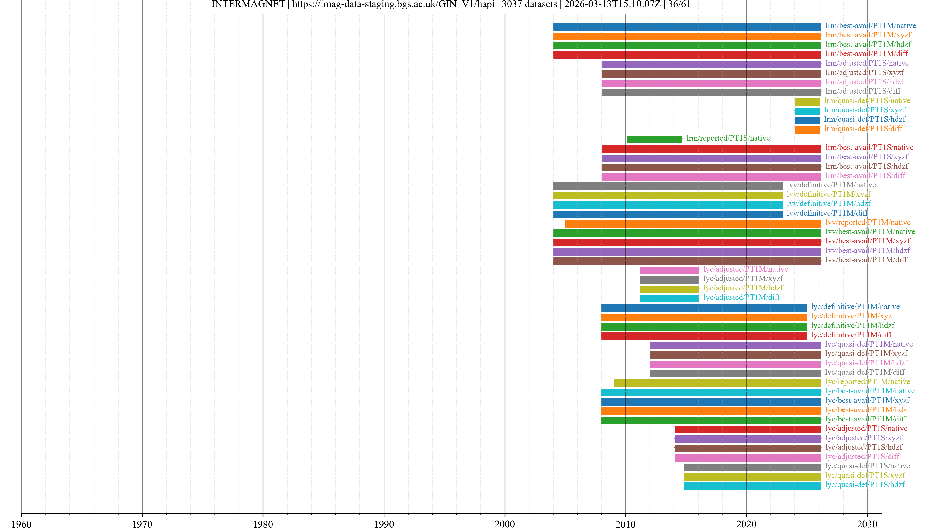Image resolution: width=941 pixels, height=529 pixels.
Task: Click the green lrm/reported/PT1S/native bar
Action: tap(654, 139)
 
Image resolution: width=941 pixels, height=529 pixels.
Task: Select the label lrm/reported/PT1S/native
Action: tap(728, 138)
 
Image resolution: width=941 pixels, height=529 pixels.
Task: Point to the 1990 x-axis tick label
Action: tap(384, 524)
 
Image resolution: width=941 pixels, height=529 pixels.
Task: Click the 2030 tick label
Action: tap(867, 524)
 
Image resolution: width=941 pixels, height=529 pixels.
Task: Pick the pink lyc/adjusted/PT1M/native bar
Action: tap(669, 271)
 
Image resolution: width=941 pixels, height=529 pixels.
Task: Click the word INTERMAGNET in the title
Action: tap(248, 4)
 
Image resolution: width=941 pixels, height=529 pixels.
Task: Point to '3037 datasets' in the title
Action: tap(529, 4)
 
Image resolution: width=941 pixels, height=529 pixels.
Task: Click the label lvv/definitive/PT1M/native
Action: tap(831, 185)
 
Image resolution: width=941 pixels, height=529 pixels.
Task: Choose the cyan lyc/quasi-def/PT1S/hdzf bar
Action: tap(752, 486)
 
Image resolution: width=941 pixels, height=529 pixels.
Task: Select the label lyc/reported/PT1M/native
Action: tap(867, 382)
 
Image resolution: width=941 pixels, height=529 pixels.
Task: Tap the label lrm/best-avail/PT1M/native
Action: tap(870, 25)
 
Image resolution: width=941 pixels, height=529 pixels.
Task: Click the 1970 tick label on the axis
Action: tap(142, 524)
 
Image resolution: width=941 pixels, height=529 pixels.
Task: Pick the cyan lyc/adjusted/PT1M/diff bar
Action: tap(669, 299)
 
